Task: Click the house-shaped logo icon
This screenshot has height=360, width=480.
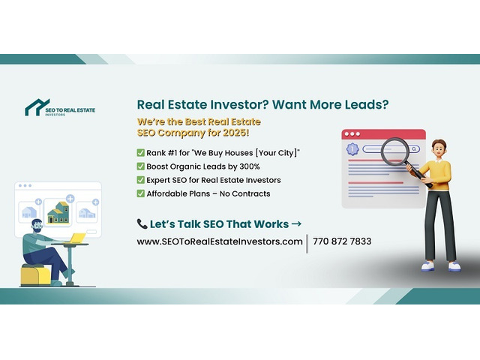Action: [x=37, y=107]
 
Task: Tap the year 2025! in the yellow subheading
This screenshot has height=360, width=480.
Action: [x=236, y=133]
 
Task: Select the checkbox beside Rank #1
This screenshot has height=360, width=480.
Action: [x=140, y=152]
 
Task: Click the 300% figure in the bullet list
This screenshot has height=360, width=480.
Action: [x=250, y=166]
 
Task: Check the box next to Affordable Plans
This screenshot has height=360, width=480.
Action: [x=140, y=193]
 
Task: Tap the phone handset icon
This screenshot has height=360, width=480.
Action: [x=142, y=223]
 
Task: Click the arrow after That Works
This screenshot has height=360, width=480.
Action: [x=296, y=224]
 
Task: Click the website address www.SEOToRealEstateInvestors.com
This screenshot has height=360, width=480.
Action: [x=220, y=241]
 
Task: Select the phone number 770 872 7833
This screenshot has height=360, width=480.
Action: [x=342, y=241]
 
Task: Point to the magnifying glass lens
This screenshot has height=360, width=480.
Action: [x=395, y=151]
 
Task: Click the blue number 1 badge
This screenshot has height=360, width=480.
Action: [x=352, y=149]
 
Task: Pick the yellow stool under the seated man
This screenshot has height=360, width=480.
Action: [x=35, y=274]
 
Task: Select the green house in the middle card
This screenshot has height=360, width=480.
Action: [x=58, y=212]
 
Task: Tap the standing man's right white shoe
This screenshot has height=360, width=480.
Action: [x=427, y=265]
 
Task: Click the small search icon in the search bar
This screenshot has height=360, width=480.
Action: [x=414, y=149]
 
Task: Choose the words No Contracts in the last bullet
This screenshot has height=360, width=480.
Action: [x=245, y=193]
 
